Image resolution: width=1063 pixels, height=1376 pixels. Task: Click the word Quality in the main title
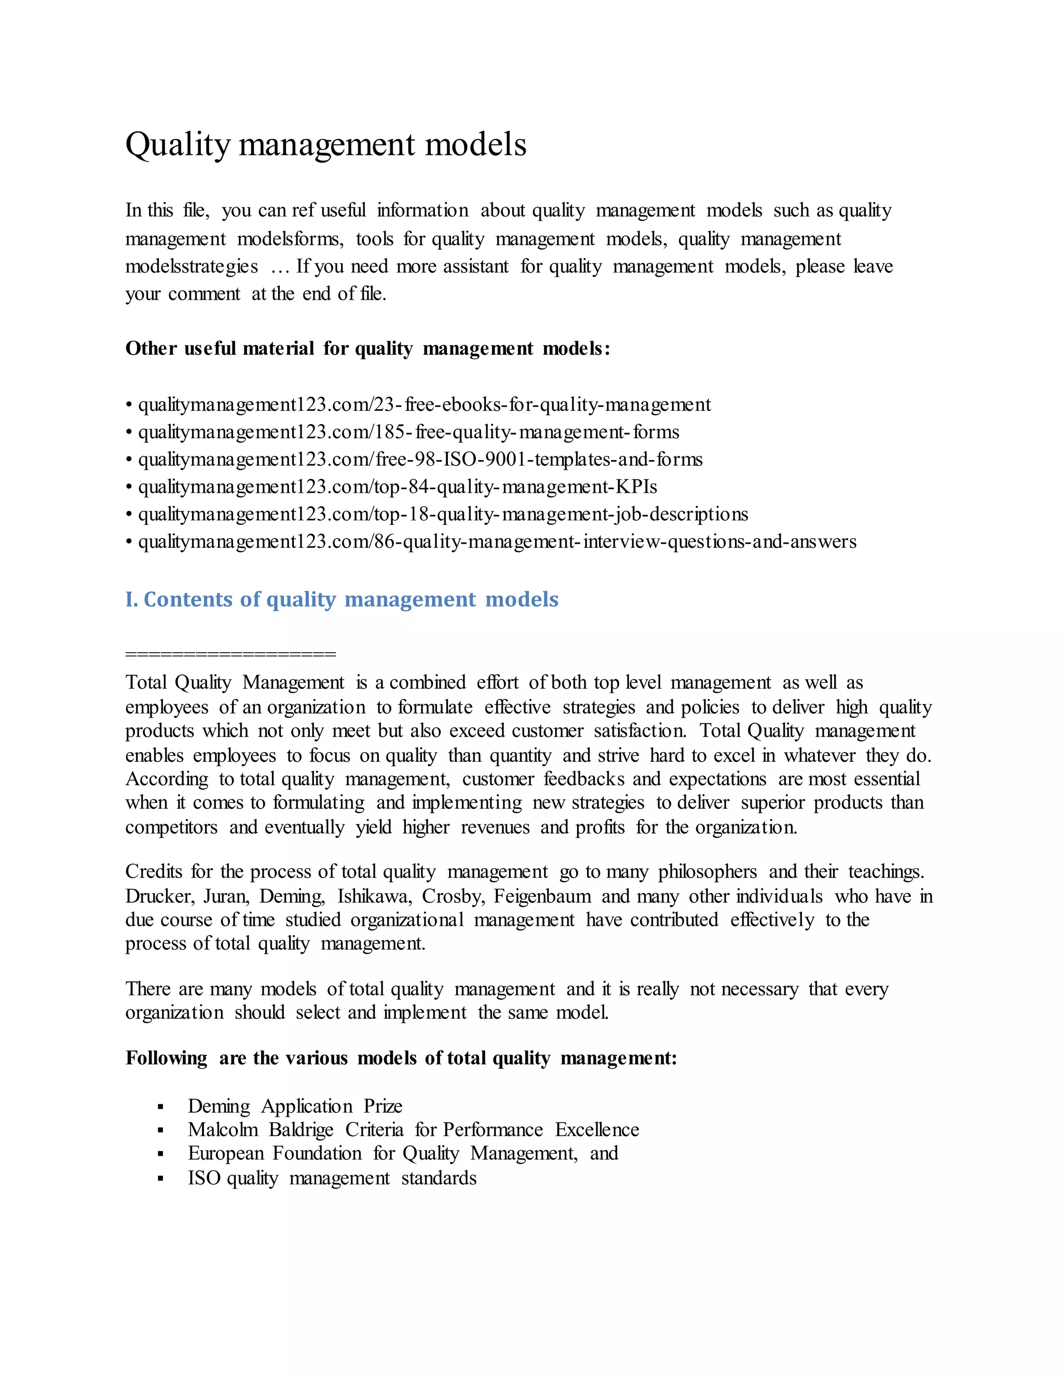(x=178, y=145)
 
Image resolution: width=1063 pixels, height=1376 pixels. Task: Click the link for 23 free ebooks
(x=424, y=404)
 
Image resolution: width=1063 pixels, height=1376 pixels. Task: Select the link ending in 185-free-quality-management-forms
(x=408, y=432)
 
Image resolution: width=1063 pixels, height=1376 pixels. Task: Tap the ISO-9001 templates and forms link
(x=420, y=460)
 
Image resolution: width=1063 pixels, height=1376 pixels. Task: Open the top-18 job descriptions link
(x=443, y=514)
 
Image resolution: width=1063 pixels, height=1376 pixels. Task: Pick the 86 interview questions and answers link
(x=497, y=542)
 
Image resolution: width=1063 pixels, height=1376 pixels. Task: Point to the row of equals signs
(x=230, y=654)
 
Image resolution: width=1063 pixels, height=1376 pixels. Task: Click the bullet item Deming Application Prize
(x=295, y=1107)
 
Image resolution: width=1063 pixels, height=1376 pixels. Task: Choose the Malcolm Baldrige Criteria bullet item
(x=413, y=1130)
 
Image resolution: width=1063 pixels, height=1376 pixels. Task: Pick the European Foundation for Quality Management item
(x=403, y=1154)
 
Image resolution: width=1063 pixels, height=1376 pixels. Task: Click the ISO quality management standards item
(x=332, y=1178)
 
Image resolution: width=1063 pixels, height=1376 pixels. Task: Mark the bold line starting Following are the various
(x=401, y=1058)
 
